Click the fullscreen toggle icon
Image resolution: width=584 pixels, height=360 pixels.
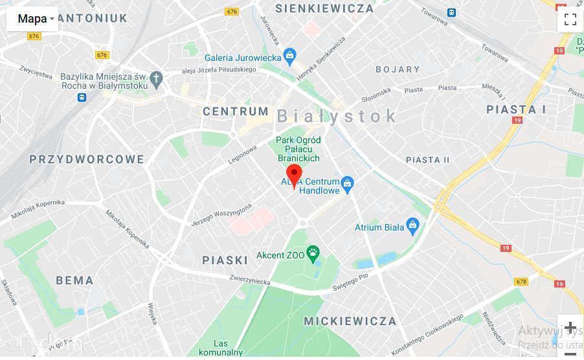point(570,19)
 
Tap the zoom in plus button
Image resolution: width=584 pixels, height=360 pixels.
point(570,328)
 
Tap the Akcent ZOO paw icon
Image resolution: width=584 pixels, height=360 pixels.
point(313,254)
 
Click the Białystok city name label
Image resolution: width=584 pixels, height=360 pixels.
point(337,116)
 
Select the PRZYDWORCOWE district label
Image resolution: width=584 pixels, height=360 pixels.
point(87,159)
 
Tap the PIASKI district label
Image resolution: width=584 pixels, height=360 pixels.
point(225,260)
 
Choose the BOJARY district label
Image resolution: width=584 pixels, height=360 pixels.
point(398,69)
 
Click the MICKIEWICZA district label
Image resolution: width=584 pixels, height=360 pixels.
point(350,321)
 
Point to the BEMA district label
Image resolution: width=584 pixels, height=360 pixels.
point(74,280)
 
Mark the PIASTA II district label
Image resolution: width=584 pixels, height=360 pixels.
point(427,160)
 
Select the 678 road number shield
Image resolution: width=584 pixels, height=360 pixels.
point(521,282)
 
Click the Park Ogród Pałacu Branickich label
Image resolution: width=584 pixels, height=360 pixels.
point(298,149)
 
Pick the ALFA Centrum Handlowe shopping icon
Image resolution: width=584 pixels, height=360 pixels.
point(348,185)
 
